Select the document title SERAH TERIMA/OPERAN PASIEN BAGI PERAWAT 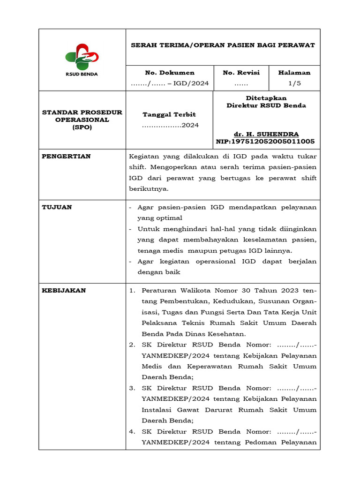[223, 45]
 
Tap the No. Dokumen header [170, 73]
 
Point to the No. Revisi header [241, 73]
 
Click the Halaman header [294, 73]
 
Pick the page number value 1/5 [294, 83]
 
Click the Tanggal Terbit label [169, 114]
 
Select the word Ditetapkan [266, 98]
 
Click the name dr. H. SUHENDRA [266, 134]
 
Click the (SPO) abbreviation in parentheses [82, 127]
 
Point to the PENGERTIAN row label [67, 156]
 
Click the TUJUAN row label [57, 207]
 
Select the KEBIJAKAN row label [64, 290]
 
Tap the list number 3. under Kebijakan [132, 388]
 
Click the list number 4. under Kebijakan [132, 432]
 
